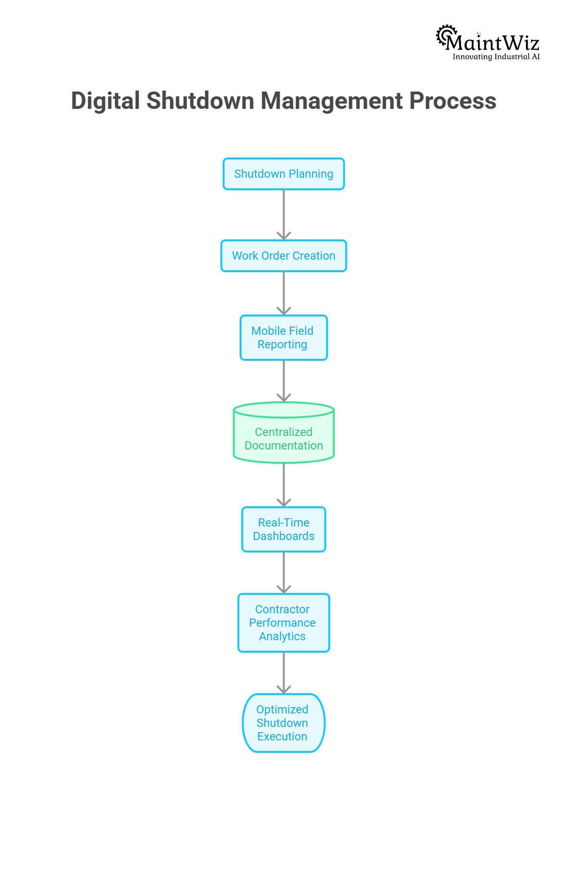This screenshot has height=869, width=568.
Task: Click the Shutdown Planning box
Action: click(284, 174)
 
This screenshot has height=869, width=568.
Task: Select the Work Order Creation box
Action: click(284, 256)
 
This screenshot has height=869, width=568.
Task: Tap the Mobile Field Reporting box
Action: click(284, 338)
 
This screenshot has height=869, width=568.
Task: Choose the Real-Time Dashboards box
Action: click(284, 529)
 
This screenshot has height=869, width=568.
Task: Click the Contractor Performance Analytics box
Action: click(284, 623)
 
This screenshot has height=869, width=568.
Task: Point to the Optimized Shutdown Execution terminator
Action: click(284, 723)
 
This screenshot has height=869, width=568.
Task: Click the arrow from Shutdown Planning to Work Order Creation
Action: click(284, 214)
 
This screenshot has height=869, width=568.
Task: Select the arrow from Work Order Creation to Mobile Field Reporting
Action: click(284, 293)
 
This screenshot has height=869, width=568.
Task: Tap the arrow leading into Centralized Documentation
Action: click(284, 381)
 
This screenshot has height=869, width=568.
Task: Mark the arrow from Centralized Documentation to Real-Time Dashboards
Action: click(284, 485)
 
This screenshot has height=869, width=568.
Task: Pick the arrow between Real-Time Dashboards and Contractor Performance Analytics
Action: click(284, 572)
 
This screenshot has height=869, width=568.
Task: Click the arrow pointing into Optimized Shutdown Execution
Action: click(284, 672)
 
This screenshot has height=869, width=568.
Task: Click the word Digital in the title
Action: click(105, 101)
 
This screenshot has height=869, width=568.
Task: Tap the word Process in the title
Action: click(452, 101)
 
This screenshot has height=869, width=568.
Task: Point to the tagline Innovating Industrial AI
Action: click(496, 57)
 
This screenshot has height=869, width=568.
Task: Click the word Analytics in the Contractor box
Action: click(283, 636)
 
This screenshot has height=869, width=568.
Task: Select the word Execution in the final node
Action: click(283, 737)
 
